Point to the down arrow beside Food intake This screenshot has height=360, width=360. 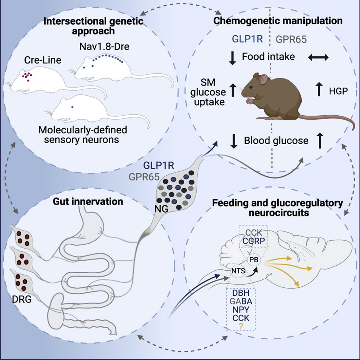coord(233,57)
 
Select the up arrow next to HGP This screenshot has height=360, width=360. coord(319,89)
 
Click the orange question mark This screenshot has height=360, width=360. coord(241,325)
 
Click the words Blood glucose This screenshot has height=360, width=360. coord(276,141)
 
